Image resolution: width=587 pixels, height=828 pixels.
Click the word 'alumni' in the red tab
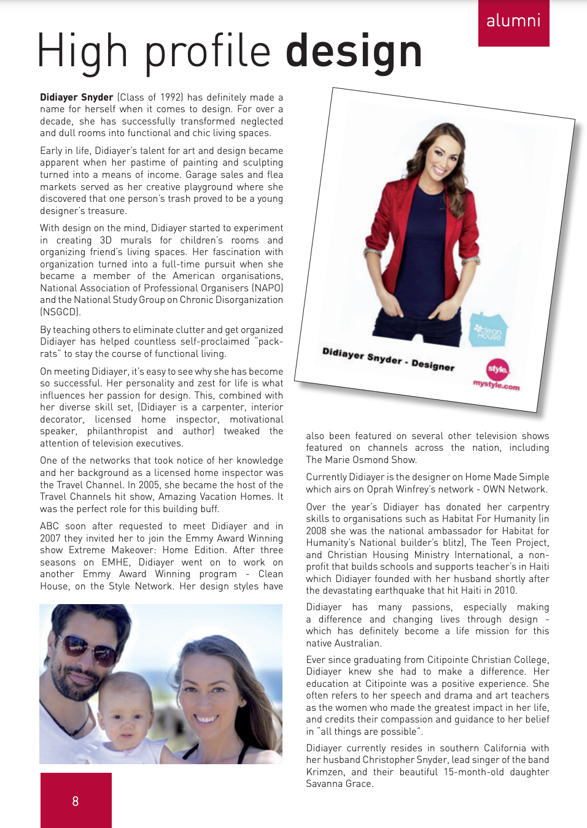(513, 21)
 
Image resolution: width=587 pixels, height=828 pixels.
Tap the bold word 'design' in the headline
(354, 52)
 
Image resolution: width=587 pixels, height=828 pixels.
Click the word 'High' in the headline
(82, 52)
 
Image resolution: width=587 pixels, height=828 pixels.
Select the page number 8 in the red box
(76, 801)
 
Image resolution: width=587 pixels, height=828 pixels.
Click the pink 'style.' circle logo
(497, 369)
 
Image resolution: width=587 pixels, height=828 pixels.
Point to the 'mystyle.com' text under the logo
(496, 385)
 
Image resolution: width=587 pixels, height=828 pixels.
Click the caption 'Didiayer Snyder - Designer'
(388, 359)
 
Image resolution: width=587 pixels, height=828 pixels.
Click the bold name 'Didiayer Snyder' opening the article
(77, 98)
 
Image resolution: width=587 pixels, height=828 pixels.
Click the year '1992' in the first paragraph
(171, 98)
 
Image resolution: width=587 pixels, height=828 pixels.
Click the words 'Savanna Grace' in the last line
(338, 784)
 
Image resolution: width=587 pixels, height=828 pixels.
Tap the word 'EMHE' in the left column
(115, 562)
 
